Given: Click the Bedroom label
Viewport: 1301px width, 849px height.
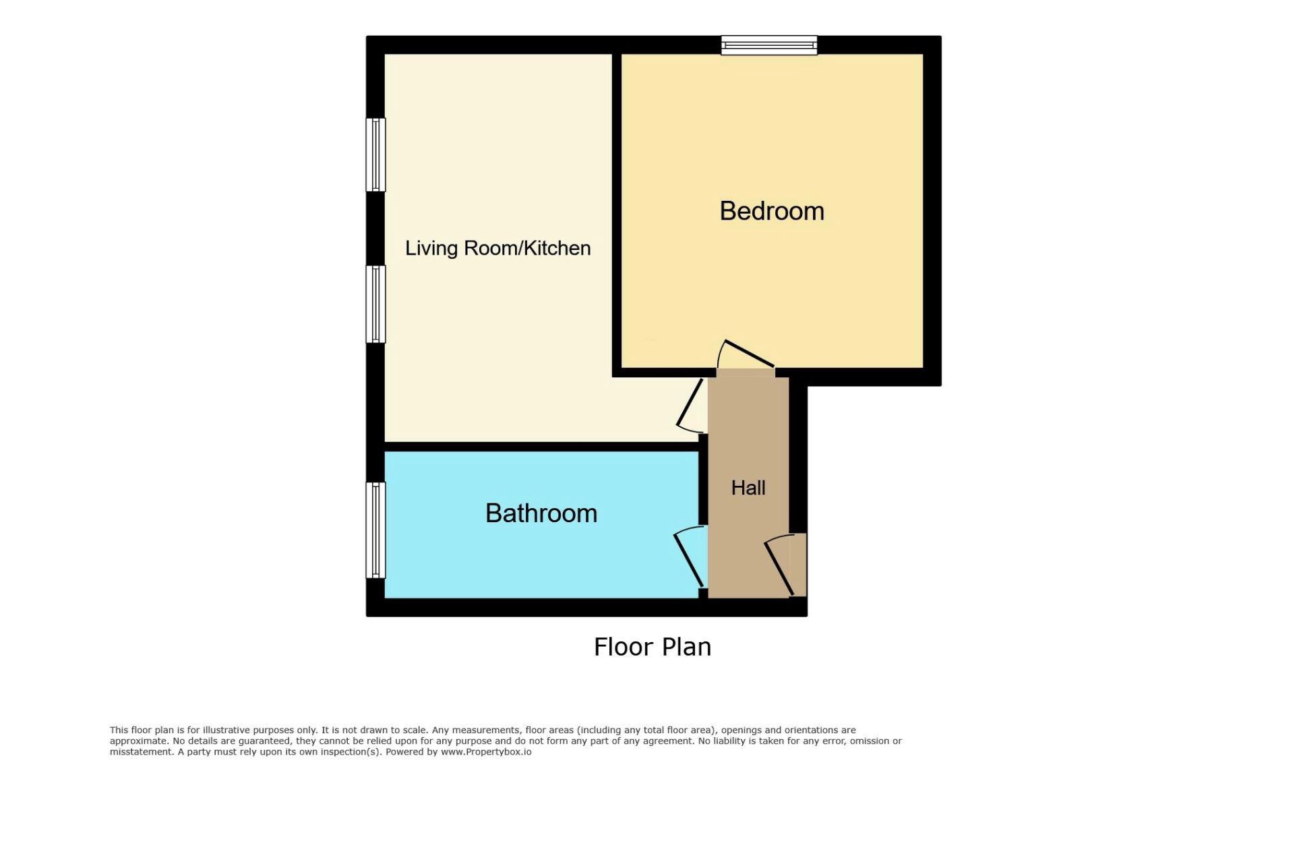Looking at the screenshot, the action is pos(772,212).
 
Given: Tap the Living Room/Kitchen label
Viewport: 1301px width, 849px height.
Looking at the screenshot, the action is pos(498,248).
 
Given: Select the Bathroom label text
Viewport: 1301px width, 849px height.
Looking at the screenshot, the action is pos(541,513).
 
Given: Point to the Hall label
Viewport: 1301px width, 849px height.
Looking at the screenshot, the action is pos(748,488).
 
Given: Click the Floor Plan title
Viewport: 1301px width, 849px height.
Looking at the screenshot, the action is pos(653,647).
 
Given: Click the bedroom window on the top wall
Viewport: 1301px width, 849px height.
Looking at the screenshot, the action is pos(769,45).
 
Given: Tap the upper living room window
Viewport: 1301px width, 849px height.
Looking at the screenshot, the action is pos(376,155).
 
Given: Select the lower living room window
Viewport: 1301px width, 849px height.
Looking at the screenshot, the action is pos(376,304).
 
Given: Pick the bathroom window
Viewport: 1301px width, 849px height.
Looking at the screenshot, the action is pos(376,530).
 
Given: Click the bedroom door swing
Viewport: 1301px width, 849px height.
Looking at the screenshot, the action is pos(746,354).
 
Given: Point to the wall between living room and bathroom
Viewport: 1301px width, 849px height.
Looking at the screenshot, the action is pos(541,447).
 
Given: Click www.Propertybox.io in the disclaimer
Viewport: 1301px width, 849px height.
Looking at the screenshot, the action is pos(486,752).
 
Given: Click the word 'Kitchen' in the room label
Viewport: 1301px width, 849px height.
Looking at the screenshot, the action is pos(557,248).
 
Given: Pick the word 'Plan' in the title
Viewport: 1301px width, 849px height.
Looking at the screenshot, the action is pos(686,647).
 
